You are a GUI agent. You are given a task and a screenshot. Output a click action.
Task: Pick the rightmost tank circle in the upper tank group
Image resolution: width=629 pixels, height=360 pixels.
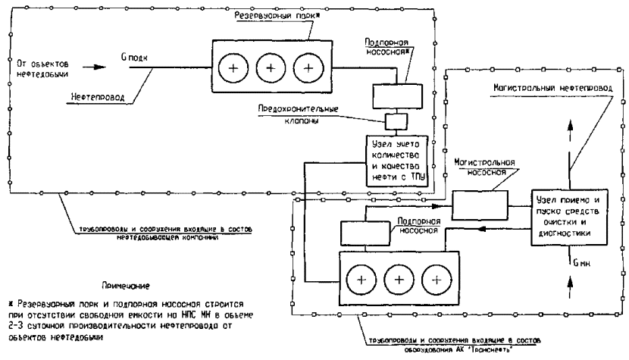(308, 68)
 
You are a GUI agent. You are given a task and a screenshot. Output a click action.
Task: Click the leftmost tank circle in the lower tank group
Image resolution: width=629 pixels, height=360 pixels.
(361, 278)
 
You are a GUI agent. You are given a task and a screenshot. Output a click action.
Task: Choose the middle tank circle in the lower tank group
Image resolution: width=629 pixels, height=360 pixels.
(399, 278)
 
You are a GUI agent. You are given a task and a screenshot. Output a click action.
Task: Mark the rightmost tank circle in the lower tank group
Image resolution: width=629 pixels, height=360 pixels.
(436, 278)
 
